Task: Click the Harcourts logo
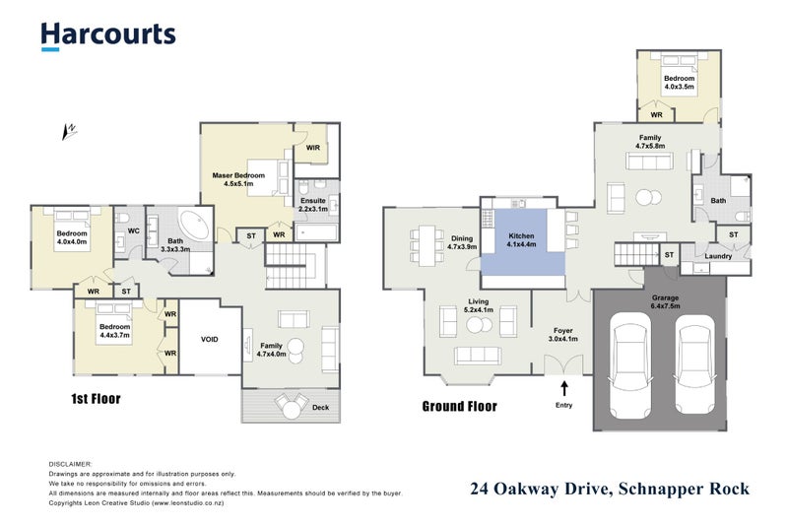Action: click(x=108, y=35)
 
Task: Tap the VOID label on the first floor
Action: click(x=210, y=340)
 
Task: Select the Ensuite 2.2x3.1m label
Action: click(x=313, y=205)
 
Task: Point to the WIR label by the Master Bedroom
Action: click(x=312, y=148)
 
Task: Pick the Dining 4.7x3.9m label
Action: click(x=462, y=241)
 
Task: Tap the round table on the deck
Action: click(x=291, y=403)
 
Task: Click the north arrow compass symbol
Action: click(x=70, y=128)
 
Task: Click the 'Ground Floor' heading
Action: click(x=459, y=406)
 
